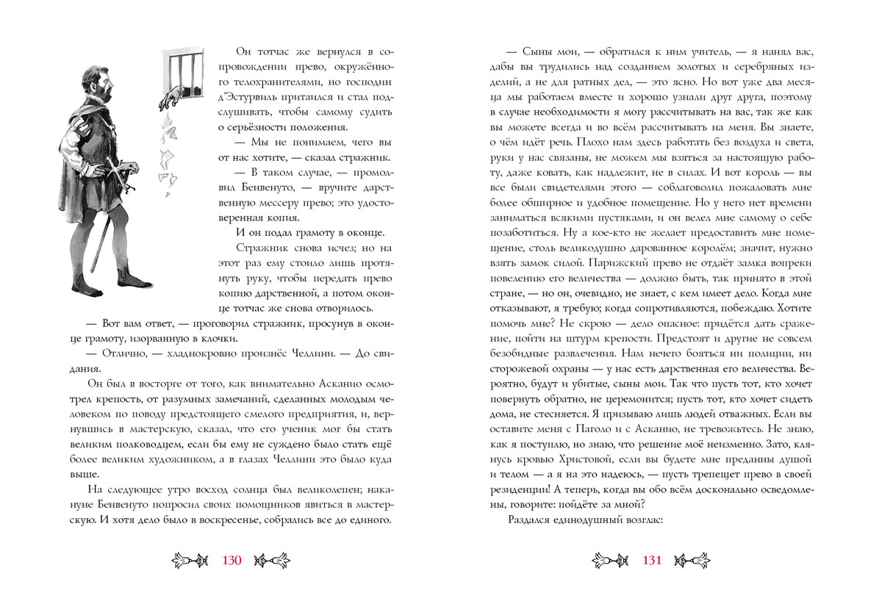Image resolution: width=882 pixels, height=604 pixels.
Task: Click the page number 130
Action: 232,561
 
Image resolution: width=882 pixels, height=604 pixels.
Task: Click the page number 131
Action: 653,561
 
